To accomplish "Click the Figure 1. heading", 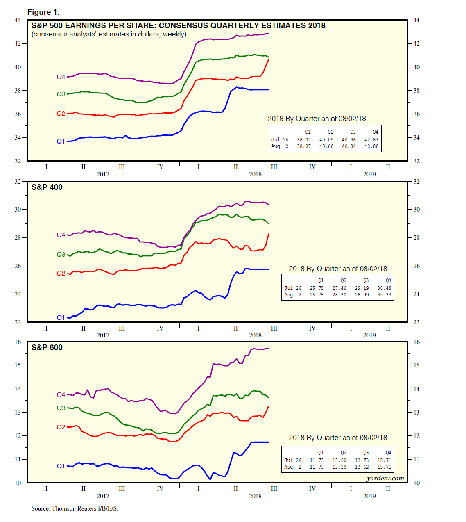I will click(43, 12).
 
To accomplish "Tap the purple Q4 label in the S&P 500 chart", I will click(61, 77).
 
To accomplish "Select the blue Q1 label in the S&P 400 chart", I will click(61, 317).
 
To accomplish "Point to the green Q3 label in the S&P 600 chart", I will click(61, 408).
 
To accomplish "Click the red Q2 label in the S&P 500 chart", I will click(61, 114).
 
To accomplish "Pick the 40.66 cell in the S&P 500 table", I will click(326, 146).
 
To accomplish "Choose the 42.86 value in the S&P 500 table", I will click(371, 146).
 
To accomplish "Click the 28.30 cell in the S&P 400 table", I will click(339, 295).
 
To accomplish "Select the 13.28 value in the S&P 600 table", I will click(339, 467).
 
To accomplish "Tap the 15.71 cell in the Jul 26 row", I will click(384, 460).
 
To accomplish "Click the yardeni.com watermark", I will click(385, 478).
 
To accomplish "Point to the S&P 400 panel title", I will click(47, 187).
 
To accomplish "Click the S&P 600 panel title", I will click(47, 348).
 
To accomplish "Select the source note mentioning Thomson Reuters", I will click(75, 508).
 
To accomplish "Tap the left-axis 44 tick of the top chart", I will click(18, 20).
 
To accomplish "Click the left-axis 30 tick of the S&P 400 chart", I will click(18, 210).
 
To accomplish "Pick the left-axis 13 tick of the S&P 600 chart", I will click(18, 413).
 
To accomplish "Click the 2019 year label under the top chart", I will click(369, 174).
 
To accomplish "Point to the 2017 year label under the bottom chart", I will click(103, 496).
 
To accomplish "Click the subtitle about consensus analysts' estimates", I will click(109, 34).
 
